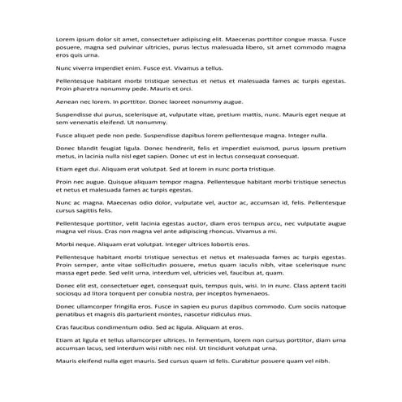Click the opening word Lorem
click(x=65, y=38)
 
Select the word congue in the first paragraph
click(x=296, y=38)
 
